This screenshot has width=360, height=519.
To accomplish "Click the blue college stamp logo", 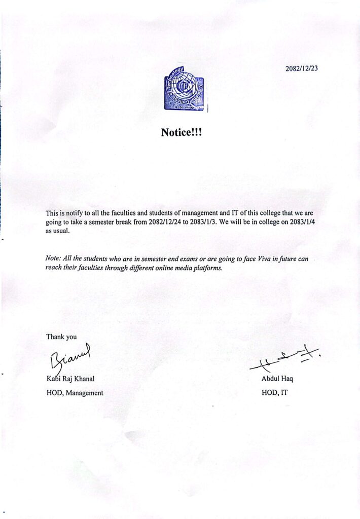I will pos(185,90).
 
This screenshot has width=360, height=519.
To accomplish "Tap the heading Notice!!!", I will pos(181,133).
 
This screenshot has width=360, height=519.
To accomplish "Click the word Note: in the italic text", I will pos(53,258).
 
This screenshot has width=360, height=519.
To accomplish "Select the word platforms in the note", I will pos(208,268).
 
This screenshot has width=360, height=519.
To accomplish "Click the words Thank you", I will pos(61,337).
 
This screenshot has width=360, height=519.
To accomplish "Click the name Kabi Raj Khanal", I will pos(71,379).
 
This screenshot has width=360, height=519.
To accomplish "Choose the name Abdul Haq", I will pos(277,379).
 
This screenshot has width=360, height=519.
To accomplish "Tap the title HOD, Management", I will pos(75,392).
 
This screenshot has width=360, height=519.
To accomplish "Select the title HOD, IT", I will pos(274,392).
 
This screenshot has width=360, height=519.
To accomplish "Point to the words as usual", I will pos(57,232).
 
